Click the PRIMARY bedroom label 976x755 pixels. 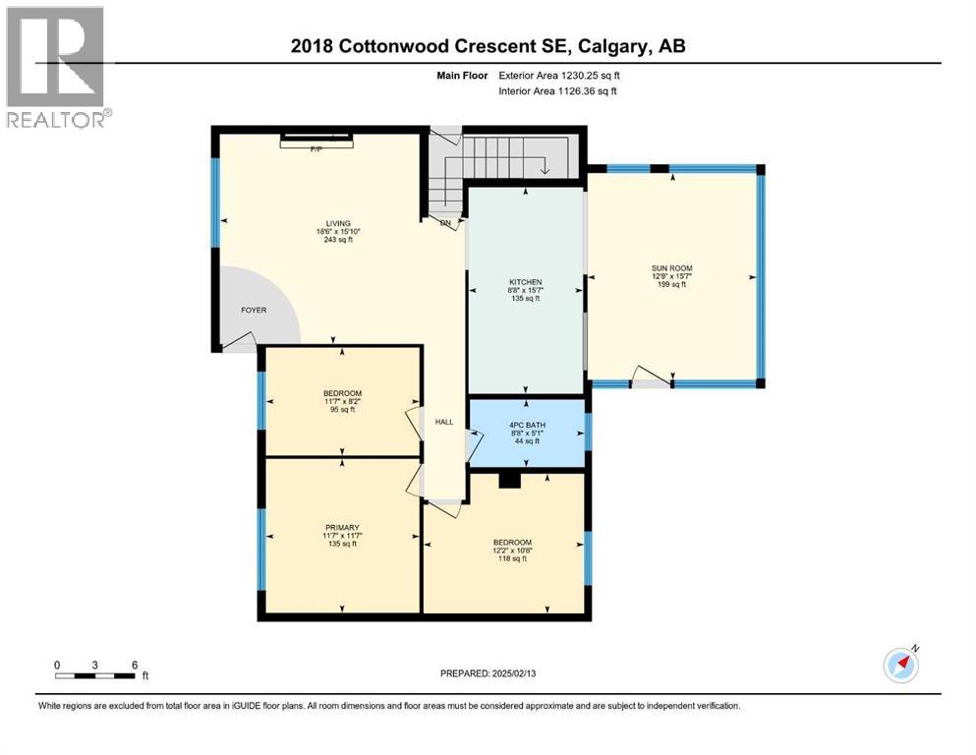pyautogui.click(x=341, y=527)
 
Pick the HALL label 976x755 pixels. pyautogui.click(x=444, y=421)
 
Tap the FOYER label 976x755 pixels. pyautogui.click(x=254, y=310)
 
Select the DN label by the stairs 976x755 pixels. pyautogui.click(x=444, y=223)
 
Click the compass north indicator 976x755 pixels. pyautogui.click(x=900, y=665)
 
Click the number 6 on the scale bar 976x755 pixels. pyautogui.click(x=134, y=665)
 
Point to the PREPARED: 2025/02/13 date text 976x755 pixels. pyautogui.click(x=488, y=673)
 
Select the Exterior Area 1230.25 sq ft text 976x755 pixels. pyautogui.click(x=558, y=75)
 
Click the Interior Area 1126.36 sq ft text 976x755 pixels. pyautogui.click(x=559, y=91)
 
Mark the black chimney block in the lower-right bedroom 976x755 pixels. pyautogui.click(x=508, y=481)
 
